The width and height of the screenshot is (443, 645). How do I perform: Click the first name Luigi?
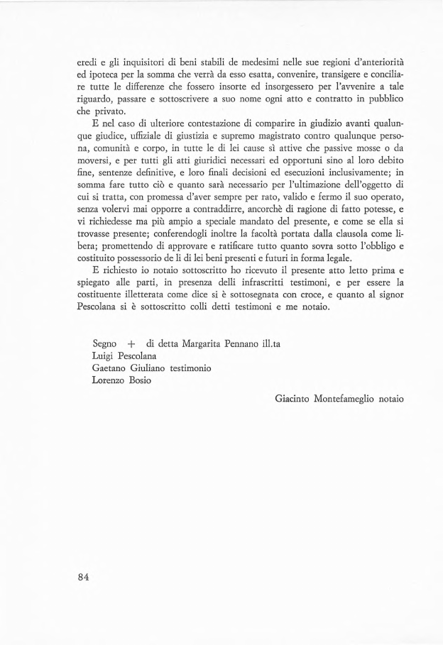point(104,356)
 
